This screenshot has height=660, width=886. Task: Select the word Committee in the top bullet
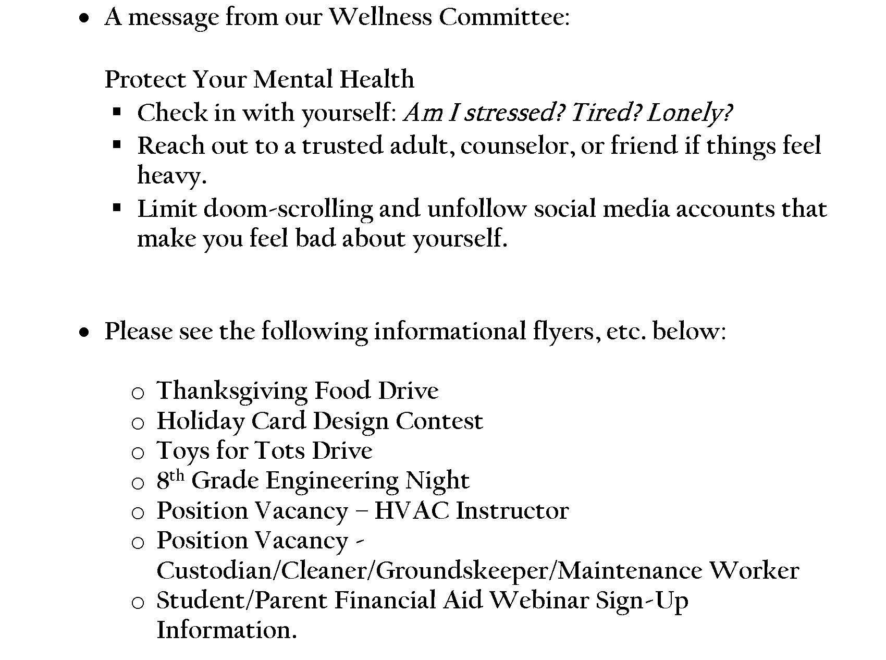[501, 17]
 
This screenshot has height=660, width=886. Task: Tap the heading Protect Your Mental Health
[259, 80]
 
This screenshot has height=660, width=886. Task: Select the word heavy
[171, 176]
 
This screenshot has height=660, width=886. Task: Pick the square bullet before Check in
[117, 111]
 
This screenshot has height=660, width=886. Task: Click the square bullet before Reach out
[117, 144]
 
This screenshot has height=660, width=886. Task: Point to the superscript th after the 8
[177, 475]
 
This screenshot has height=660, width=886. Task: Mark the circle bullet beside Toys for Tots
[138, 453]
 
